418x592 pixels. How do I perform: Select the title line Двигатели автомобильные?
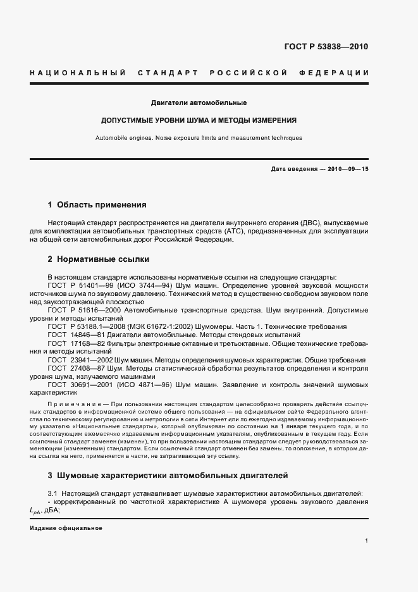[x=199, y=102]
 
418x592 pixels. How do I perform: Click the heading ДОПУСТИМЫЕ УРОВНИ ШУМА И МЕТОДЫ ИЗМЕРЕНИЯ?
[x=199, y=120]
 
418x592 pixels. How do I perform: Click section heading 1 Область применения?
[x=97, y=205]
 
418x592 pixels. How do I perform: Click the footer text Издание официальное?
[x=66, y=527]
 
